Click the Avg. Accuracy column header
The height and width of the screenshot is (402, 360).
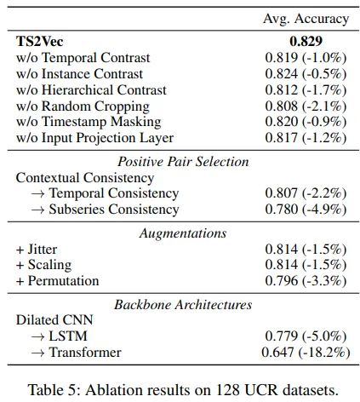[x=306, y=19]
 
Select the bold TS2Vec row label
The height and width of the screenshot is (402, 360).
[x=40, y=42]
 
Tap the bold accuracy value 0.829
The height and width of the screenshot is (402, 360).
[x=306, y=42]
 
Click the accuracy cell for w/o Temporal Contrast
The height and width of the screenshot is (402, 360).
[x=306, y=58]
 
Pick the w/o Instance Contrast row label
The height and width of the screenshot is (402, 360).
[x=79, y=74]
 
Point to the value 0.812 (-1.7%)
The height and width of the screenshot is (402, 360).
[x=306, y=90]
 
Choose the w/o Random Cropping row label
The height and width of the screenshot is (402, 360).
[x=83, y=106]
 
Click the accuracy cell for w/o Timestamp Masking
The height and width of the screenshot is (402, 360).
[x=306, y=122]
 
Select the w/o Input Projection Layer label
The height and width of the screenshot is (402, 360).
[x=94, y=138]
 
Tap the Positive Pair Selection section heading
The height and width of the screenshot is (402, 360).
[x=183, y=162]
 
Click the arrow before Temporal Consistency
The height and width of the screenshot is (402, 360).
[x=37, y=193]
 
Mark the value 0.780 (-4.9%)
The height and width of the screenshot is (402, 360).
[x=306, y=210]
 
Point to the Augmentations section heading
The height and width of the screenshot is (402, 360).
[x=183, y=233]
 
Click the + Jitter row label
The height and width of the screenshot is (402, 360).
[x=37, y=250]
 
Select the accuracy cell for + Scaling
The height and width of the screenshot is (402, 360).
[x=306, y=265]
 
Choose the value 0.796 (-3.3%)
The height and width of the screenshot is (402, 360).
[x=306, y=281]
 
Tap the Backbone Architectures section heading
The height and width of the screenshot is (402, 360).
[x=183, y=305]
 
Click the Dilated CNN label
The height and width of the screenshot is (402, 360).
[x=54, y=320]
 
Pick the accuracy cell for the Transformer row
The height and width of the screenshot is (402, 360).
[x=306, y=353]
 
